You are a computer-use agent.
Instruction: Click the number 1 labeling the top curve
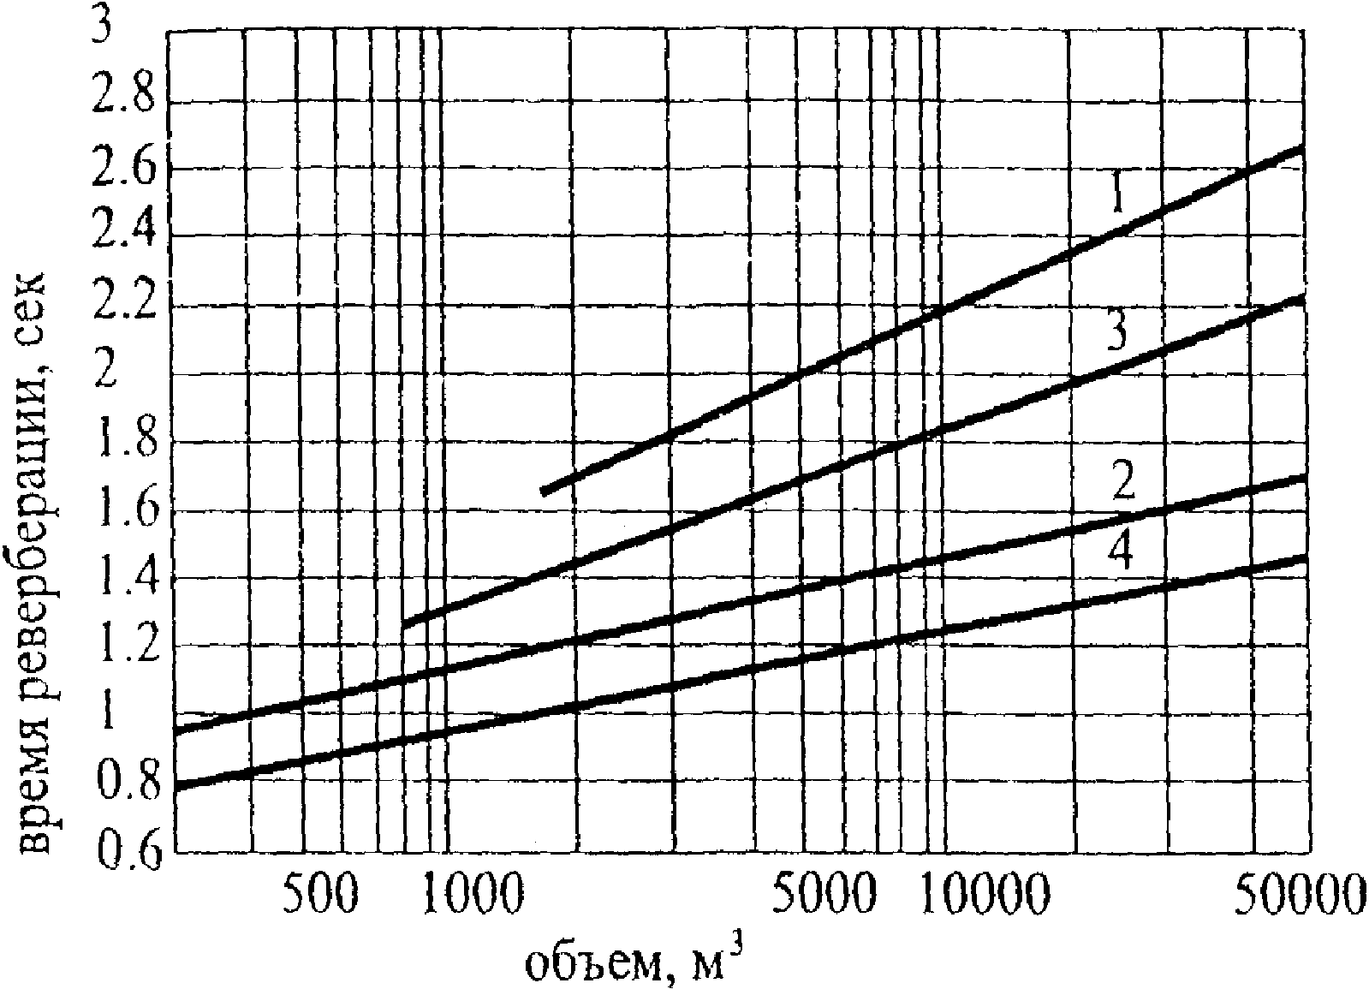(x=1118, y=192)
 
